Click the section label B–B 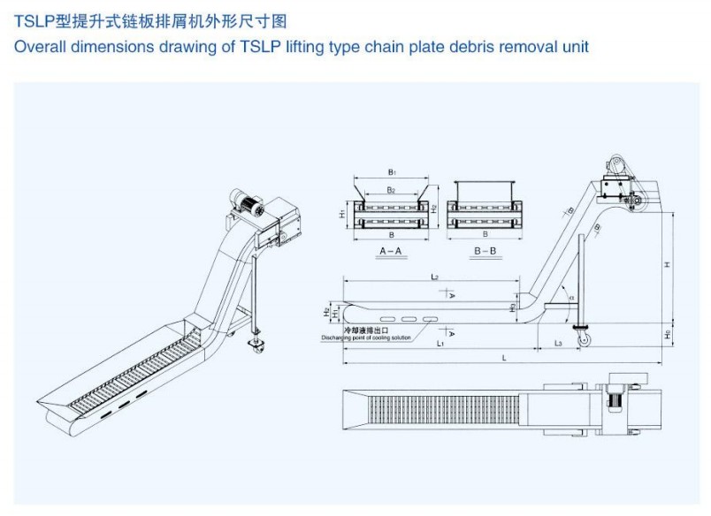coord(485,252)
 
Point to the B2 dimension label coord(390,190)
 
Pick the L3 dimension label coord(558,342)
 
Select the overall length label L coord(503,358)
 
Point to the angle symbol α coord(570,298)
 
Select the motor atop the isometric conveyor coord(248,204)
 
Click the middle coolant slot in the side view coord(409,317)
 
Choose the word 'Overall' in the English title coord(39,46)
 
